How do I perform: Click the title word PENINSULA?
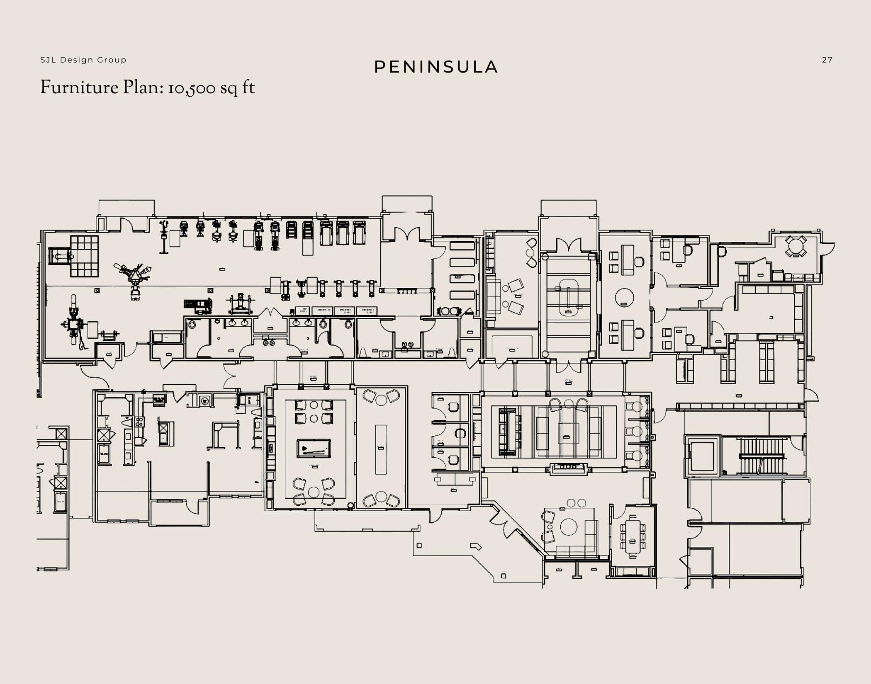(436, 67)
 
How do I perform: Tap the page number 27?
(827, 60)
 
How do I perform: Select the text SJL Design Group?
(83, 60)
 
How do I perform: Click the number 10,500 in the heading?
(192, 88)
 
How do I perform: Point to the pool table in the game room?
(314, 449)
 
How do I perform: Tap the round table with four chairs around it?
(796, 246)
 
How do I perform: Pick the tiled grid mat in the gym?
(84, 256)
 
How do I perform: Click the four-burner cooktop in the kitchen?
(139, 422)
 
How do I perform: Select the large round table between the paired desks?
(624, 297)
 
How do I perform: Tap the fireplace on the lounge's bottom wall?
(568, 467)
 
